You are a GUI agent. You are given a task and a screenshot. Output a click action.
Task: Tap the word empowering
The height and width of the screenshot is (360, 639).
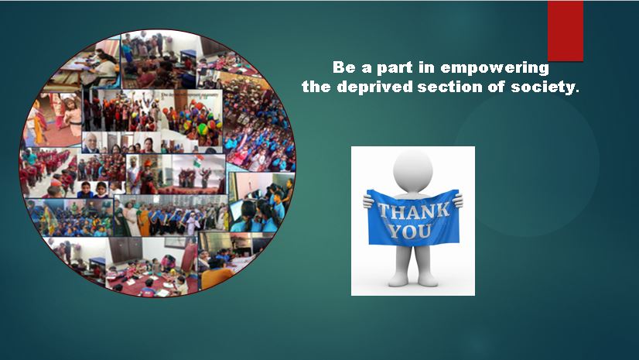click(x=495, y=68)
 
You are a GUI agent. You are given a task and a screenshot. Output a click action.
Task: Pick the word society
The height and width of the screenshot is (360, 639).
click(x=545, y=87)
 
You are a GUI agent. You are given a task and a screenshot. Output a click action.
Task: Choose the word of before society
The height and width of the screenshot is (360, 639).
click(x=496, y=86)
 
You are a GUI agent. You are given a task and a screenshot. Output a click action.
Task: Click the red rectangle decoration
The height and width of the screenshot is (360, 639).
click(x=566, y=31)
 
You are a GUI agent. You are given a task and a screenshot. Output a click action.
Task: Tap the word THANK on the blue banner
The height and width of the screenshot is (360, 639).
click(x=414, y=211)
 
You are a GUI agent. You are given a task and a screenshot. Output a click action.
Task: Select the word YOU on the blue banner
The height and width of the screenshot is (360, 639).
click(x=409, y=231)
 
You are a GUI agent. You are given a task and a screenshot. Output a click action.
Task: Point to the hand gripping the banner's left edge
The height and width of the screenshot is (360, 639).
click(x=368, y=201)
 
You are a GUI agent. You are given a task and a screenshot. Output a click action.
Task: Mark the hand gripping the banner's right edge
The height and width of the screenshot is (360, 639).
click(x=458, y=201)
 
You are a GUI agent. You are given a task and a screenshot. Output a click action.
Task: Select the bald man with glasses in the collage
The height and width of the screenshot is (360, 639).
click(x=91, y=142)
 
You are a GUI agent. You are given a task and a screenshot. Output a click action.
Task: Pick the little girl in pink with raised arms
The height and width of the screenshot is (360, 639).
click(x=73, y=116)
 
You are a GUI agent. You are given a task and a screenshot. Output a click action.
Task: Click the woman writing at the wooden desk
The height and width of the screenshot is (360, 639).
click(x=99, y=66)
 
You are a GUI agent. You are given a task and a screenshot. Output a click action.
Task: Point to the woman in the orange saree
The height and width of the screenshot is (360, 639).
click(x=144, y=221)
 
